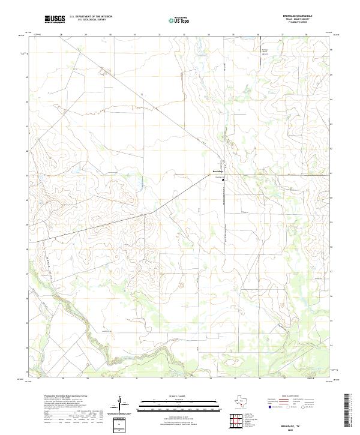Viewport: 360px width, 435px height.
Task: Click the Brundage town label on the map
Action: [218, 173]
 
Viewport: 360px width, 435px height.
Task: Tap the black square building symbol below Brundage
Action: [223, 179]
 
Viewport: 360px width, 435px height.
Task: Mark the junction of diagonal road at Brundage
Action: [223, 175]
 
